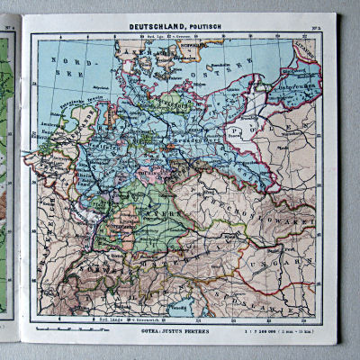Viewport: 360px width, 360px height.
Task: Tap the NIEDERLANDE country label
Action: click(81, 126)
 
